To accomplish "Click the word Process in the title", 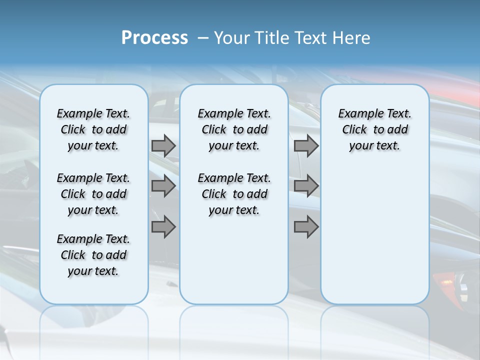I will coord(154,38).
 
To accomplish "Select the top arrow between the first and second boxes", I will coord(163,145).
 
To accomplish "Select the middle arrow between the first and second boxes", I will coord(163,186).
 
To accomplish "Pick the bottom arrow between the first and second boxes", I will coord(163,227).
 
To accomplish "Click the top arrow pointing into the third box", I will coord(306,145).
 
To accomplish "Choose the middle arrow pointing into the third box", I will coord(306,186).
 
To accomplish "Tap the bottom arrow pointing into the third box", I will coord(306,227).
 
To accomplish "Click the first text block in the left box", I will coord(93,129).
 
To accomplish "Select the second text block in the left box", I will coord(93,194).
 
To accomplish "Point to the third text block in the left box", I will coord(93,255).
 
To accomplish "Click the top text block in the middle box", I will coord(234,129).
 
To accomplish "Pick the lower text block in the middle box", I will coord(234,194).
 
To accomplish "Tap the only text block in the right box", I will coord(374,129).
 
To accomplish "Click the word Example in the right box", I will coord(357,114).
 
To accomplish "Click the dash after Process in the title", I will coord(203,38).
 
